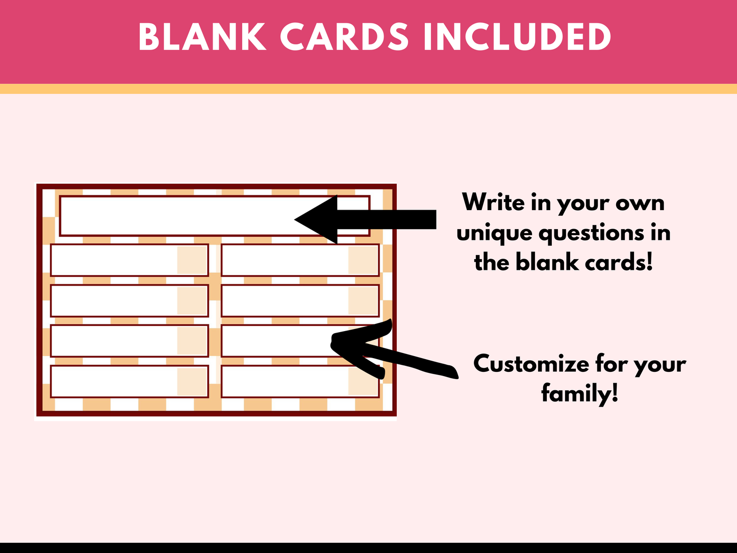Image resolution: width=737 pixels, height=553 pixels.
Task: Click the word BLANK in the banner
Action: click(202, 37)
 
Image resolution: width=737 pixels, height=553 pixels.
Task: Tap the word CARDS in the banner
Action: click(344, 37)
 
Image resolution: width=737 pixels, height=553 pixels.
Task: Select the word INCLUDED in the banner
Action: click(517, 37)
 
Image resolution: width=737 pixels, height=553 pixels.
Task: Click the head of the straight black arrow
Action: click(295, 219)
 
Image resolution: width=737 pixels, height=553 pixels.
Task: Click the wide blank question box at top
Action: click(215, 216)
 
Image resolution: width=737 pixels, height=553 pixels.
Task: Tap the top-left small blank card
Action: click(130, 260)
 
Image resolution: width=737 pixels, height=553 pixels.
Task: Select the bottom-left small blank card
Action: click(130, 382)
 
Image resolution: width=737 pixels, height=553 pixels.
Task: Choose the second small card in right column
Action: click(300, 300)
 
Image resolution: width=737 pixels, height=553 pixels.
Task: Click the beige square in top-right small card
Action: click(363, 260)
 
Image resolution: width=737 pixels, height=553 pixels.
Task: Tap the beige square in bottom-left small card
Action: click(192, 382)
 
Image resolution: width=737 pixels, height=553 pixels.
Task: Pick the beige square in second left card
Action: click(192, 300)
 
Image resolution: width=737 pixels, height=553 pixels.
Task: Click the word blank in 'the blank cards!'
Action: click(547, 262)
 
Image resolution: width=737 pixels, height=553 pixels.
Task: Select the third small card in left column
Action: click(130, 341)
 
